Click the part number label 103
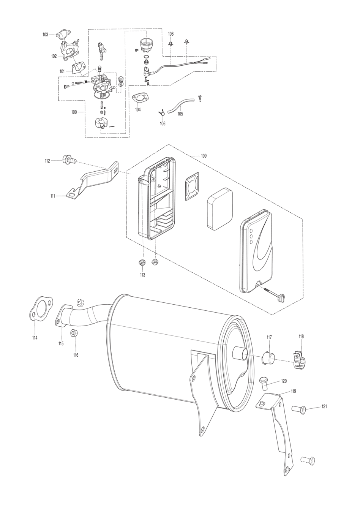pos(45,35)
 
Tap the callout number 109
pos(204,156)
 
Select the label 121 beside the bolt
pos(324,413)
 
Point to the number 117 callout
pos(269,337)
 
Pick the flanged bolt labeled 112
pos(69,160)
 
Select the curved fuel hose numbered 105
pos(181,105)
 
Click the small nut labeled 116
pos(75,333)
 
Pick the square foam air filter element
pos(219,209)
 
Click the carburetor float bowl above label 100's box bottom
pos(101,122)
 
